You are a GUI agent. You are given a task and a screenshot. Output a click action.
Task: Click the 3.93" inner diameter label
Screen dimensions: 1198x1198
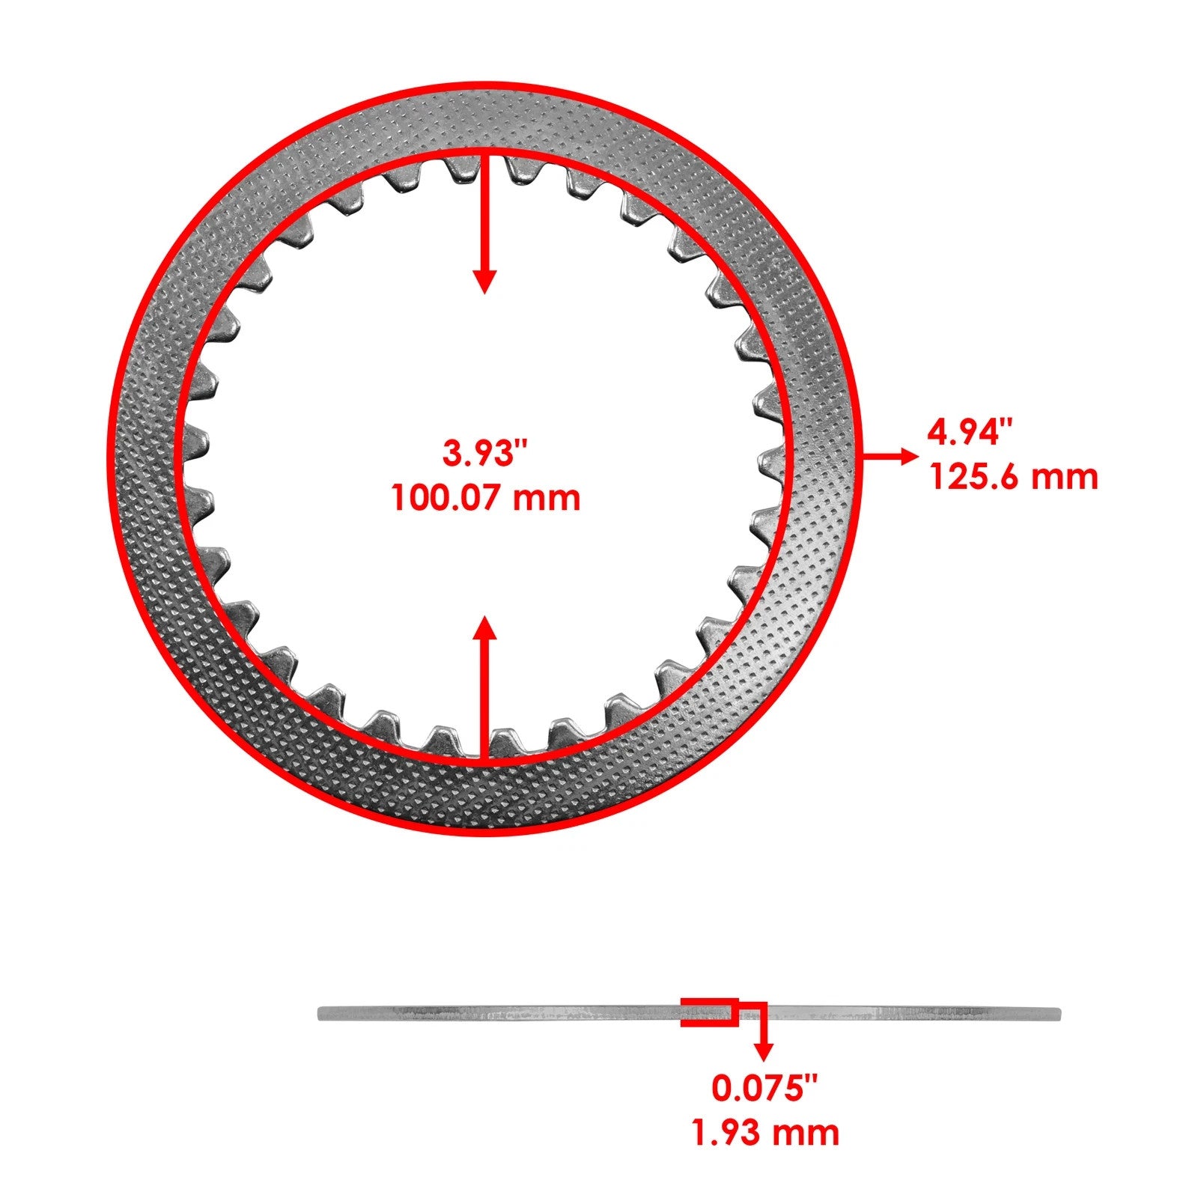[x=485, y=454]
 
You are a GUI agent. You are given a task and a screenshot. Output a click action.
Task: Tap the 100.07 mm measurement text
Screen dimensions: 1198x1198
[x=485, y=498]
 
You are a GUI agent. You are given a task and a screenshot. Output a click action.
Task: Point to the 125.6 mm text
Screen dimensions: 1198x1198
[x=1014, y=476]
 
